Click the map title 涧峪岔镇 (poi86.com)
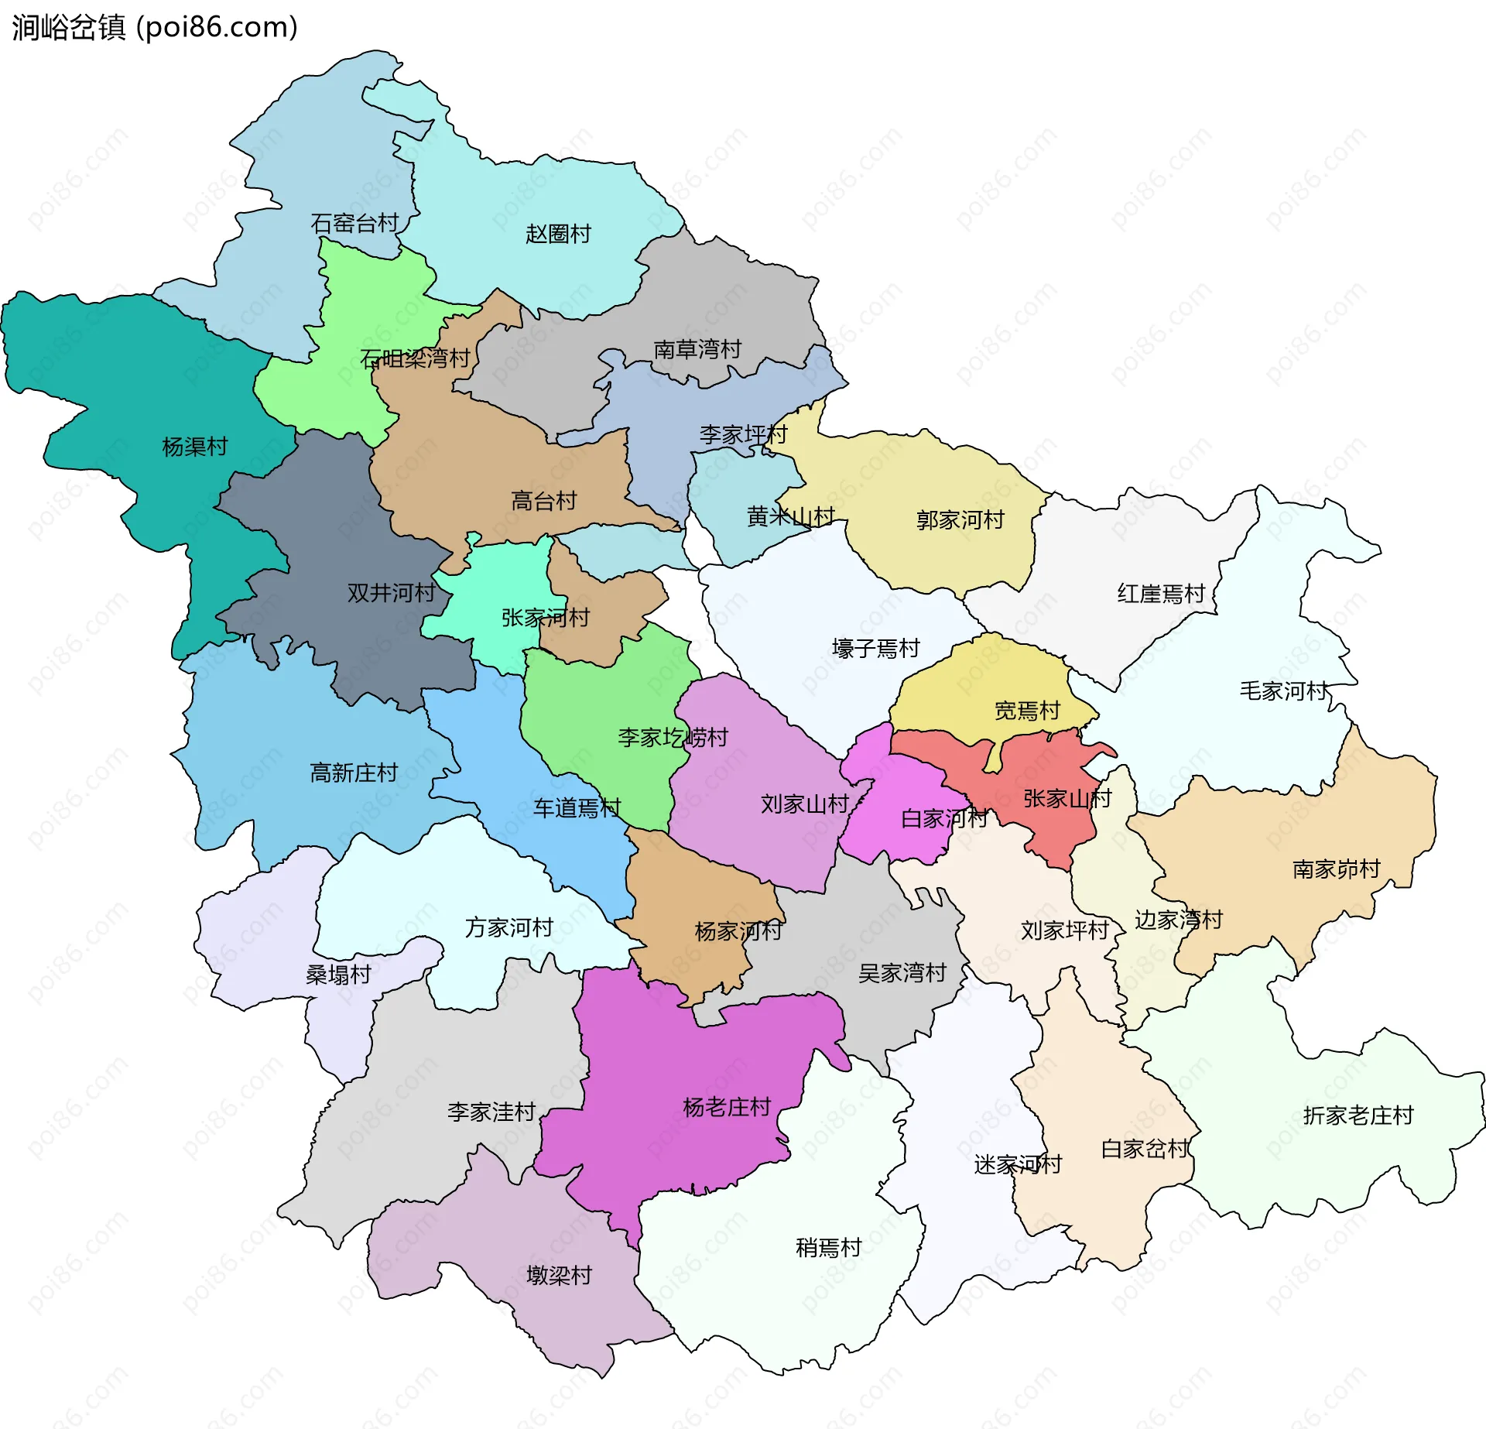point(155,28)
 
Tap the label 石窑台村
point(354,224)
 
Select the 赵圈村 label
point(558,234)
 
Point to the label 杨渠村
point(195,447)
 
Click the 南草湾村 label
point(697,350)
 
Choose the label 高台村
point(544,501)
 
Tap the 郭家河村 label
point(960,519)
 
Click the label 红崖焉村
point(1161,594)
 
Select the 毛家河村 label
point(1284,691)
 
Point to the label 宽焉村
point(1027,711)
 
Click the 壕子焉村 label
point(875,649)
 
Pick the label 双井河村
point(391,593)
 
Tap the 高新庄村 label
point(354,773)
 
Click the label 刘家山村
point(805,804)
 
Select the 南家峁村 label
point(1337,869)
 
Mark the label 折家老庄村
point(1358,1115)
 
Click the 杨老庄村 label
point(727,1108)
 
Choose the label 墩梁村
point(559,1275)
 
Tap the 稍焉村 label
point(828,1248)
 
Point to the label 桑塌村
point(338,975)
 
